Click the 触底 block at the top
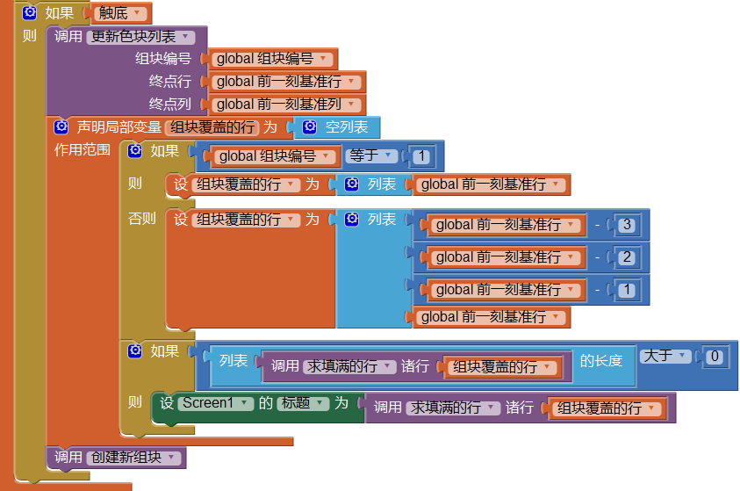[122, 13]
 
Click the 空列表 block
[346, 127]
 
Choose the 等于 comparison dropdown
[368, 155]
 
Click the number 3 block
[626, 224]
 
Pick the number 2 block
[626, 257]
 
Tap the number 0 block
[715, 356]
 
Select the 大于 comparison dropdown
[664, 356]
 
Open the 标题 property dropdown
[302, 403]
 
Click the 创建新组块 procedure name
[133, 458]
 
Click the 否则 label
[141, 219]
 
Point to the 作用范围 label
[83, 149]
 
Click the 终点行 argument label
[169, 81]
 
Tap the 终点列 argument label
[169, 104]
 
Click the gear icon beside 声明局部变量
[61, 127]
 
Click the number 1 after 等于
[422, 157]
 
